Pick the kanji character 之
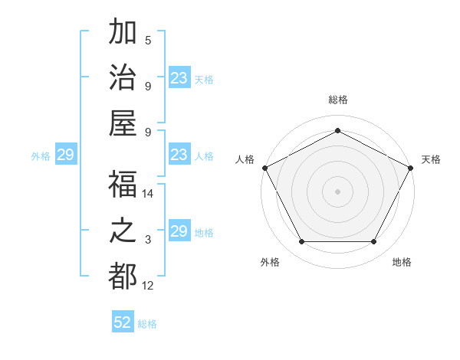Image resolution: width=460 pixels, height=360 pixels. point(123,231)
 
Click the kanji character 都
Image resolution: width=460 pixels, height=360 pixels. point(123,276)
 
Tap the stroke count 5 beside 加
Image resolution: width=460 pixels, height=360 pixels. point(147,41)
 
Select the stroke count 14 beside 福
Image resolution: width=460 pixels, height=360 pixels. point(149,194)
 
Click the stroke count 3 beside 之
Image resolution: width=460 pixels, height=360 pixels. point(147,240)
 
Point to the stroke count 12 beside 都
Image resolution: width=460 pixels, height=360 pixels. point(149,286)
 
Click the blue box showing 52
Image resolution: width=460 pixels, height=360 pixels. point(123,322)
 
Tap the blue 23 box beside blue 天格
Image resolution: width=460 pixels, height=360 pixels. point(179,78)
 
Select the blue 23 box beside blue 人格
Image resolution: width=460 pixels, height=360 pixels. point(179,155)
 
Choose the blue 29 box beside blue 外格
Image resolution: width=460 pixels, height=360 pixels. point(65,155)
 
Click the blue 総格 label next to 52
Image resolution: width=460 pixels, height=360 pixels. point(147,324)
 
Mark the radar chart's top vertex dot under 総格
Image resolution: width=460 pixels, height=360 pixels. point(337,130)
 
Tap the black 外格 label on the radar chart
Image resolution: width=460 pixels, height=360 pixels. point(270,263)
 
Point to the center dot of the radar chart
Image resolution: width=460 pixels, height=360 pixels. point(337,191)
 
